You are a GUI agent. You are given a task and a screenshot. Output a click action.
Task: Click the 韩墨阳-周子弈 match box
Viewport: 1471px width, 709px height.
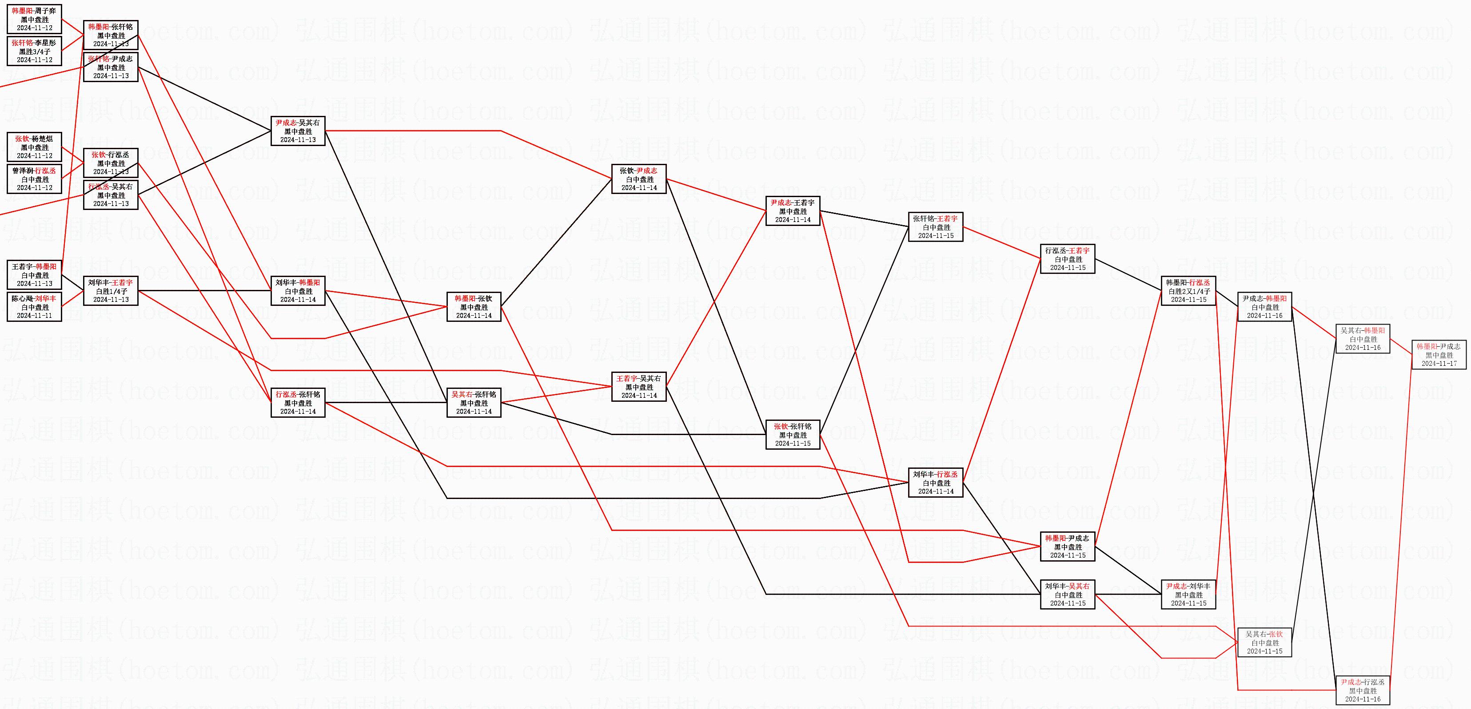pyautogui.click(x=34, y=19)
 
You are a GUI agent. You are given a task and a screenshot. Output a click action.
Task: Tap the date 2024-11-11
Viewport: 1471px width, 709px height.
pyautogui.click(x=34, y=315)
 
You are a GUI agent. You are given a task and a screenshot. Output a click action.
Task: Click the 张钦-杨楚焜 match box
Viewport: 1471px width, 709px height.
pyautogui.click(x=34, y=147)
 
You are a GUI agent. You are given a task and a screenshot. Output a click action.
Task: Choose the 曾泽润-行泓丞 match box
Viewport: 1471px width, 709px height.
pyautogui.click(x=34, y=178)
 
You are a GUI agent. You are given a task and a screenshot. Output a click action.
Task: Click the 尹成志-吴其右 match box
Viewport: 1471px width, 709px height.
pyautogui.click(x=298, y=131)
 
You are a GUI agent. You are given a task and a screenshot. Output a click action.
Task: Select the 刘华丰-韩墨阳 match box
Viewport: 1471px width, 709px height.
pyautogui.click(x=298, y=290)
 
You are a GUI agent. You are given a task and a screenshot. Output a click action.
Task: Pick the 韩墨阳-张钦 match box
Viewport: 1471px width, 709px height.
pyautogui.click(x=474, y=306)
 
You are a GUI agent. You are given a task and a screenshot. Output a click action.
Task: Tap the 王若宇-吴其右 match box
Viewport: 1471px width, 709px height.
pyautogui.click(x=638, y=387)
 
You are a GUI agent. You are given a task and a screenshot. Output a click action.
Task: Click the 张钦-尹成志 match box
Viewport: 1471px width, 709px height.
pyautogui.click(x=638, y=178)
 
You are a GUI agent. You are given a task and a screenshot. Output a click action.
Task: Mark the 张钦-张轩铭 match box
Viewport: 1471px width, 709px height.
pyautogui.click(x=793, y=435)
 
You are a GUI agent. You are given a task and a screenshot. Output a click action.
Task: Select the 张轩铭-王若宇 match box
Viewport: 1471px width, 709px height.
pyautogui.click(x=935, y=226)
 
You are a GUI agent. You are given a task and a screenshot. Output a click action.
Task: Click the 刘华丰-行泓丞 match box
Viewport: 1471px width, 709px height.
pyautogui.click(x=935, y=483)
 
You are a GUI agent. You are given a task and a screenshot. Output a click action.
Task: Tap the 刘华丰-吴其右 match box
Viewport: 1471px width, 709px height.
pyautogui.click(x=1067, y=594)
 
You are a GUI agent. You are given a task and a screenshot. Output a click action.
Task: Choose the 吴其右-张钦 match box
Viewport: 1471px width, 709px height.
pyautogui.click(x=1264, y=642)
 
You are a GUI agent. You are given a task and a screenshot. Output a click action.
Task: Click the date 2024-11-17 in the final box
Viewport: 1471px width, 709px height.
pyautogui.click(x=1439, y=363)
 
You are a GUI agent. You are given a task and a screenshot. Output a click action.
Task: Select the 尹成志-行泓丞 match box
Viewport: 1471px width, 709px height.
pyautogui.click(x=1363, y=690)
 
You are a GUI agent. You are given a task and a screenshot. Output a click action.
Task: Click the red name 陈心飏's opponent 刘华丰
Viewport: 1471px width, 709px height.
pyautogui.click(x=46, y=298)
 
